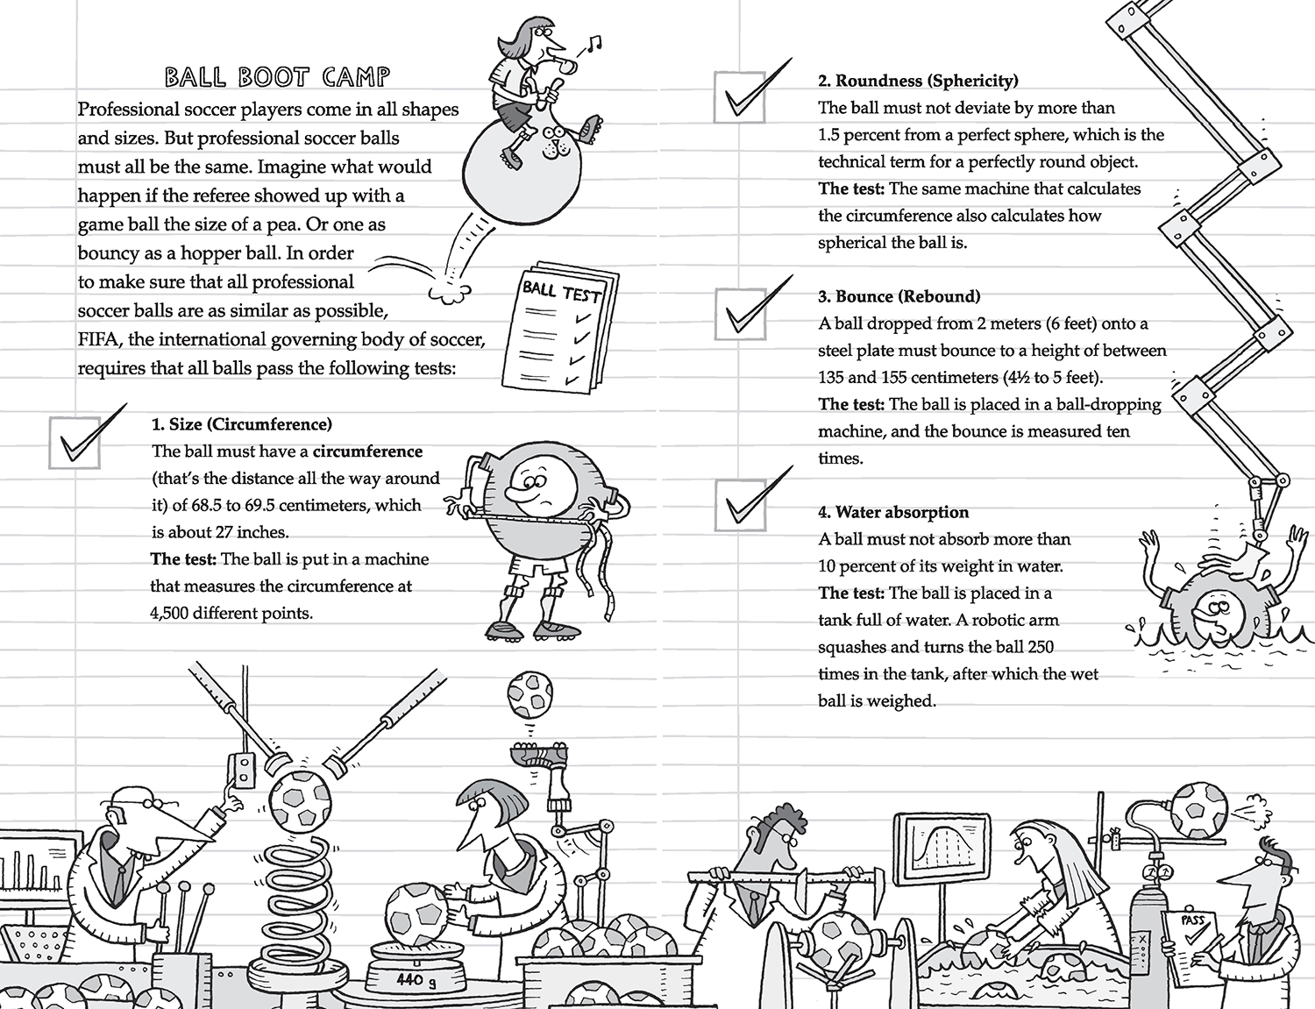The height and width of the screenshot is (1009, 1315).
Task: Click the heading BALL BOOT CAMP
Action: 277,77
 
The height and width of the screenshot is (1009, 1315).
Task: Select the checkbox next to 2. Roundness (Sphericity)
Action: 739,97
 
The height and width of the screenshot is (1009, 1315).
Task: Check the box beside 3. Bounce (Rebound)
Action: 739,314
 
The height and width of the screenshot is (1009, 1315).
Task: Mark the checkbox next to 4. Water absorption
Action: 739,506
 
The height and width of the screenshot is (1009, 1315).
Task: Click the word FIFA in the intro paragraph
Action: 98,339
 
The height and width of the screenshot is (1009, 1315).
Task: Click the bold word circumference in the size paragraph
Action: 367,451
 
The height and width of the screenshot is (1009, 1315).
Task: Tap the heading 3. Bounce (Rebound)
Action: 899,296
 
